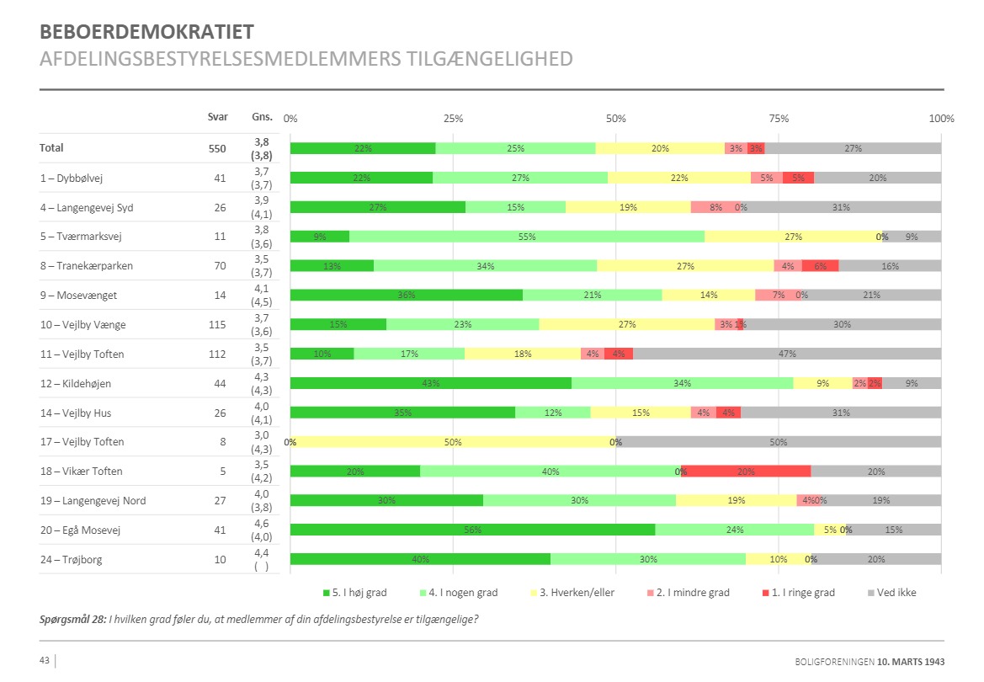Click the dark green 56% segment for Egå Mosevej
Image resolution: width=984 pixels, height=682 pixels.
point(472,530)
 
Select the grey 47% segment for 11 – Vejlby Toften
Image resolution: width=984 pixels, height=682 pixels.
point(787,354)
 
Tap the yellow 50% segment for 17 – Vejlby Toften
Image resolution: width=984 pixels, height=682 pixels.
point(454,441)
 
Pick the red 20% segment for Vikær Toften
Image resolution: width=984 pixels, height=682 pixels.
point(746,471)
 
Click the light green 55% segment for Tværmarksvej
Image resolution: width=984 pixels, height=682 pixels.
point(527,237)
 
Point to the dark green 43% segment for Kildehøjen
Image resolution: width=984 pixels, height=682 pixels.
point(431,383)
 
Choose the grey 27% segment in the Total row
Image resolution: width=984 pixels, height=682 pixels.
point(853,148)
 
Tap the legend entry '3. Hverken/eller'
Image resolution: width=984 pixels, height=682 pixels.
point(572,593)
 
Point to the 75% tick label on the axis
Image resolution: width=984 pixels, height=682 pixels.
point(779,118)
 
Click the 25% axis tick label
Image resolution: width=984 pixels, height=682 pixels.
point(453,118)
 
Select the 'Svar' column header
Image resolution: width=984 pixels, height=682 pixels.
point(217,117)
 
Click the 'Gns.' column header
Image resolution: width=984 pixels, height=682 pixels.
point(261,117)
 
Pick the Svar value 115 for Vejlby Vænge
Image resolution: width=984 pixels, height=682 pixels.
point(217,324)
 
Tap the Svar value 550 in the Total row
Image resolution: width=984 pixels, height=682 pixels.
point(217,148)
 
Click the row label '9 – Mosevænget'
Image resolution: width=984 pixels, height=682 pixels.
point(80,295)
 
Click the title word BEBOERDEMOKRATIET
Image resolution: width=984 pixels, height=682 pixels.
point(146,33)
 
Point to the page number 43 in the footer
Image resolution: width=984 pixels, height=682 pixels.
point(45,660)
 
